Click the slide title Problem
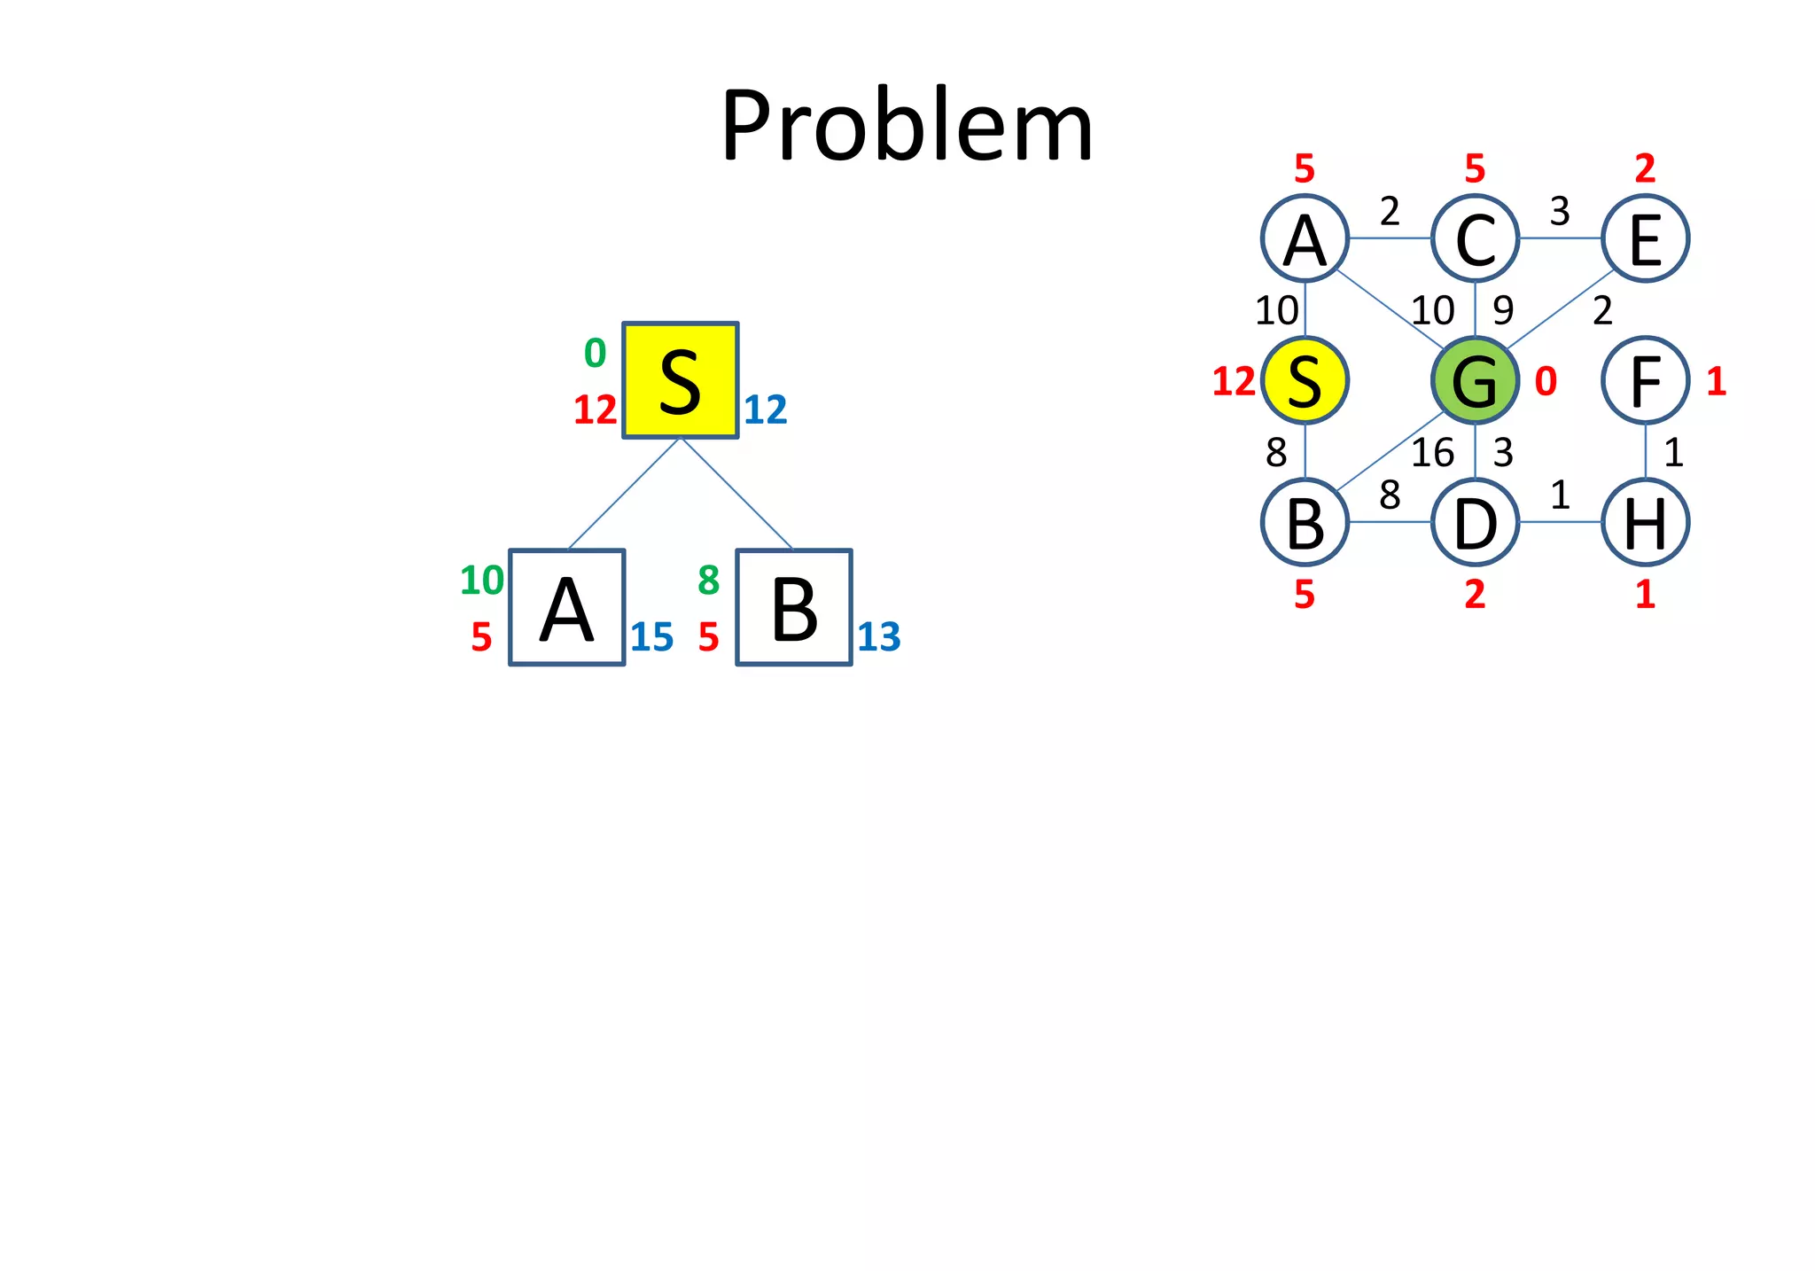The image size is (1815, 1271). pyautogui.click(x=907, y=126)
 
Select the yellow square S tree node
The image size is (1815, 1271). pyautogui.click(x=680, y=380)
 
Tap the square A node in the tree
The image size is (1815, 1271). pyautogui.click(x=567, y=608)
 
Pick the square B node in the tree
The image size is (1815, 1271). pyautogui.click(x=794, y=608)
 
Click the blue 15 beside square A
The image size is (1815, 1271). pyautogui.click(x=652, y=637)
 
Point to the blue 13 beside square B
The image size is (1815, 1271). pyautogui.click(x=879, y=637)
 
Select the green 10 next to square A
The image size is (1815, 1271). pyautogui.click(x=481, y=581)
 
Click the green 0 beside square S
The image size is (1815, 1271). pyautogui.click(x=595, y=354)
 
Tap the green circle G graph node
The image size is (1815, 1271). pyautogui.click(x=1475, y=380)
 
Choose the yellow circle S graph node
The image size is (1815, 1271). pyautogui.click(x=1305, y=380)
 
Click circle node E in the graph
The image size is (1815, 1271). pyautogui.click(x=1645, y=238)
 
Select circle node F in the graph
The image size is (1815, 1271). pyautogui.click(x=1645, y=380)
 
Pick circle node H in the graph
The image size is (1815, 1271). pyautogui.click(x=1645, y=522)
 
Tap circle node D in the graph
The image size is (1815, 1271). pyautogui.click(x=1475, y=522)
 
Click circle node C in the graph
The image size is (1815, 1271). pyautogui.click(x=1475, y=238)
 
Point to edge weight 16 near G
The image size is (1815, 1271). pyautogui.click(x=1432, y=453)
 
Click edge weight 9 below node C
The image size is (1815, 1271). pyautogui.click(x=1503, y=310)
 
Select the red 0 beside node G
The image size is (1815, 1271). pyautogui.click(x=1546, y=381)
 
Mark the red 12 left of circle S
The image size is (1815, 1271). pyautogui.click(x=1234, y=381)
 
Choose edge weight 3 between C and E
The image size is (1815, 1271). pyautogui.click(x=1560, y=212)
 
